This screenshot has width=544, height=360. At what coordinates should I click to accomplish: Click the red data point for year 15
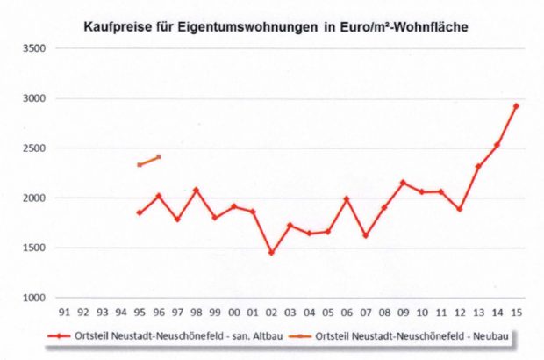click(516, 106)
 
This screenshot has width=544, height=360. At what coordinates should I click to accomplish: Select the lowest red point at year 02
click(271, 253)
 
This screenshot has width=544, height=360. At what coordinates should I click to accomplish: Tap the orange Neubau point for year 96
click(159, 157)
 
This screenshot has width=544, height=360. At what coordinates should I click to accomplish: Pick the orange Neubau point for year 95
click(140, 165)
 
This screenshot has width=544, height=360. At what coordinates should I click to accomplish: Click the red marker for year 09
click(403, 183)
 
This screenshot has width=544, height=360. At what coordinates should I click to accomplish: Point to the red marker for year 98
click(196, 190)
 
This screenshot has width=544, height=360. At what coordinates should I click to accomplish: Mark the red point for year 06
click(347, 199)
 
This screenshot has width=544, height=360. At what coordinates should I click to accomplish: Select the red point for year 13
click(478, 167)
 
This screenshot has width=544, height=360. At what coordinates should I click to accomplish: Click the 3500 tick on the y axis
click(33, 48)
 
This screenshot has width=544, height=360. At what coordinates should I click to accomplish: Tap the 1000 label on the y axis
click(33, 299)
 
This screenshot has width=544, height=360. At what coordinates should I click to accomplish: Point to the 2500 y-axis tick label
click(33, 148)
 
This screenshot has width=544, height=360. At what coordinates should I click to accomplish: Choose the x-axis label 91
click(64, 311)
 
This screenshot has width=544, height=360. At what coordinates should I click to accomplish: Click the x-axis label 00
click(233, 311)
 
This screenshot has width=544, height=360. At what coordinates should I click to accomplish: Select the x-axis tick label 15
click(516, 311)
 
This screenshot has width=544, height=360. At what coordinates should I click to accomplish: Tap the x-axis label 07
click(365, 311)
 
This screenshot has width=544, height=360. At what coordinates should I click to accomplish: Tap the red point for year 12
click(459, 209)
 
